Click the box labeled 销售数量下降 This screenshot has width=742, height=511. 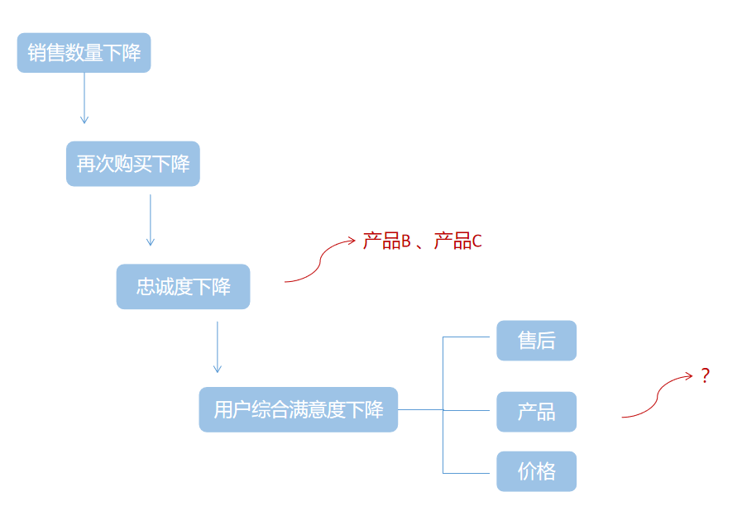(84, 53)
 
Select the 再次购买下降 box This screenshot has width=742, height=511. (132, 164)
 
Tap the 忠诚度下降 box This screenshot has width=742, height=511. (183, 287)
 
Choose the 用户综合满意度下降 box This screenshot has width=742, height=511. (298, 409)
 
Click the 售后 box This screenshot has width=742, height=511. (536, 341)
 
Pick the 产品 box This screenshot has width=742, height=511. (536, 412)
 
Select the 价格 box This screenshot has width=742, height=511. (536, 471)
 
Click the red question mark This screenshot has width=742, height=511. (705, 375)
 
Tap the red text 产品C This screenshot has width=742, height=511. (457, 241)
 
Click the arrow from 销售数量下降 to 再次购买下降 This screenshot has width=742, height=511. (84, 98)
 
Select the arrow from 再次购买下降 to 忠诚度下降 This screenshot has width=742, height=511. (150, 220)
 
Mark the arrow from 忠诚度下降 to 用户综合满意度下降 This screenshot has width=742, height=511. (217, 347)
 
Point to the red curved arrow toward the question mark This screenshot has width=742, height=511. (657, 398)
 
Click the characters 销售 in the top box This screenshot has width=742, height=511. (46, 53)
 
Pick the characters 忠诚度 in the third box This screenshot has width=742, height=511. (165, 287)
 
